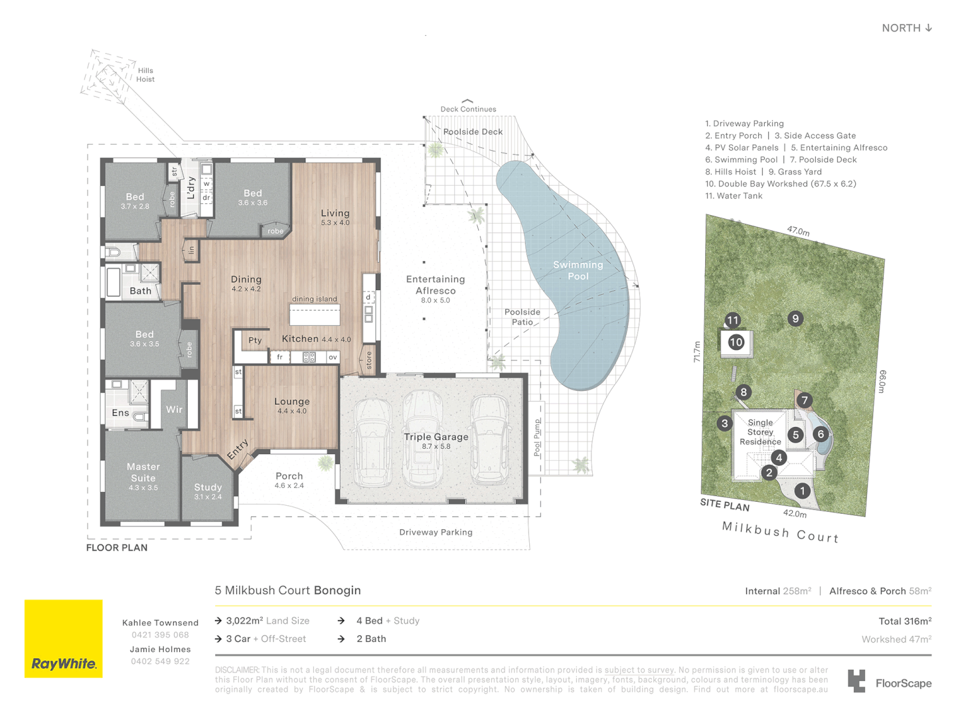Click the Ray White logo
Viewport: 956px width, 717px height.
(64, 638)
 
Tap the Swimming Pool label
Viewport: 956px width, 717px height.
(578, 270)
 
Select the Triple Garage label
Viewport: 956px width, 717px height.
(436, 437)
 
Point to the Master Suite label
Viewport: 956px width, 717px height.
(143, 472)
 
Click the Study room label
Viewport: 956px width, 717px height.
(208, 487)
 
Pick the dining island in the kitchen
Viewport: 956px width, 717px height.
(315, 315)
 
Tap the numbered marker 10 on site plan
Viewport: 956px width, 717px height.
(736, 342)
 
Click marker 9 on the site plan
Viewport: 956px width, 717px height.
(795, 319)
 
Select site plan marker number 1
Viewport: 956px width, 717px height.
(802, 491)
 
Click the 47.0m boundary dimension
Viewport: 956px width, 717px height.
(799, 231)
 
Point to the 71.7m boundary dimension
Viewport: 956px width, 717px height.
(697, 351)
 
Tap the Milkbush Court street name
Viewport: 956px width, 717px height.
(780, 532)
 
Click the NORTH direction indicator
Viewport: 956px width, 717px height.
(907, 28)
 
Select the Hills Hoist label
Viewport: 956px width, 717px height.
(145, 75)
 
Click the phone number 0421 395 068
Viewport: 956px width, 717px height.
(160, 635)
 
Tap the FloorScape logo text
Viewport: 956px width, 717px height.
(904, 683)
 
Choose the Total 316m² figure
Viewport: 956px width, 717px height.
(905, 621)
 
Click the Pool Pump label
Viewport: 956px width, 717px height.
(538, 438)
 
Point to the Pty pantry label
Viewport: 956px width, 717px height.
(255, 341)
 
